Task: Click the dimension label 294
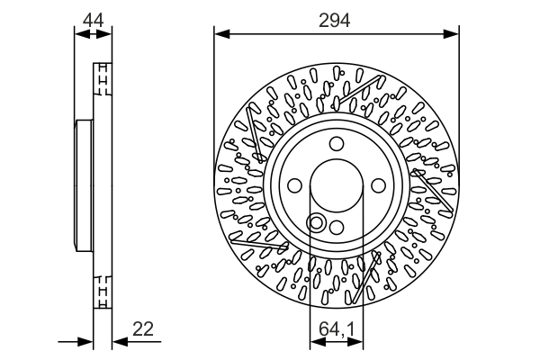click(x=336, y=18)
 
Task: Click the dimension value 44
click(x=93, y=18)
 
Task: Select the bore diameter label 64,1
click(x=336, y=329)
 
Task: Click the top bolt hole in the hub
click(x=336, y=144)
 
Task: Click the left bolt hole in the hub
click(x=295, y=185)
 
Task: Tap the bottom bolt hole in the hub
click(x=336, y=227)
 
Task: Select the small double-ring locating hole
click(x=316, y=222)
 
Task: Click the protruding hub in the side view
click(x=82, y=185)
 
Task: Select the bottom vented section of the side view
click(x=103, y=292)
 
